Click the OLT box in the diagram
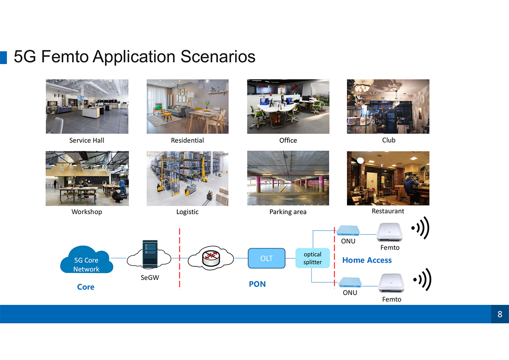266,258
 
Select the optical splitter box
313,258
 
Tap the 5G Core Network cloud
87,260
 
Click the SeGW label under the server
150,278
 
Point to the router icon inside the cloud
211,258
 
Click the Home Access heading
367,260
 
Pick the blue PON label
257,284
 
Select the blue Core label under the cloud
86,287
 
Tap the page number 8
500,314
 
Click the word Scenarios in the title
218,56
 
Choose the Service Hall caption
87,140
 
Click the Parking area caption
288,212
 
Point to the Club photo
388,106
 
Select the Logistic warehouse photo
187,179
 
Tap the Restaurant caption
388,211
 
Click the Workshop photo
87,179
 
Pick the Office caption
288,140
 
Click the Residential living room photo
187,106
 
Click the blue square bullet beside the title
3,58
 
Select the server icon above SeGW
150,254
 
